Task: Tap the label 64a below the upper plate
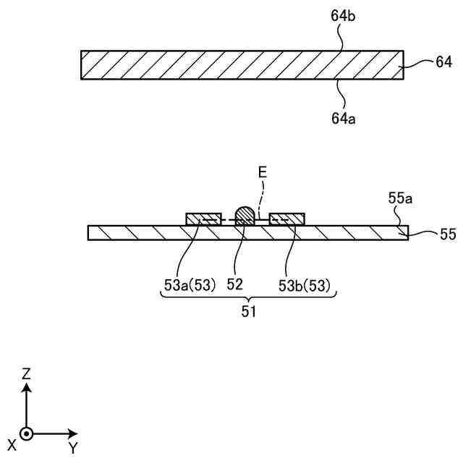coord(342,117)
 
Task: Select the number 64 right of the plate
coord(443,63)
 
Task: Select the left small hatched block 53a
coord(204,218)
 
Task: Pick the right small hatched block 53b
coord(287,218)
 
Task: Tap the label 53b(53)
coord(305,285)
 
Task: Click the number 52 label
coord(234,285)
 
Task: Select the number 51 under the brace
coord(248,313)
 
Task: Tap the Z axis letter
coord(26,374)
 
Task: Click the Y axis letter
coord(73,449)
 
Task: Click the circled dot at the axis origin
coord(27,434)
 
